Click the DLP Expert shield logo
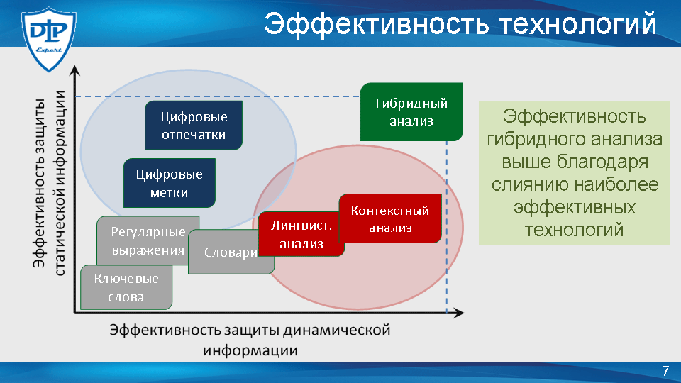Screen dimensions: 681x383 click(49, 38)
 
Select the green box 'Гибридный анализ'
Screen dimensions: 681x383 click(411, 112)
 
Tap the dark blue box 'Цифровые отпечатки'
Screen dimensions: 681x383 click(194, 125)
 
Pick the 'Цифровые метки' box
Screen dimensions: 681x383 click(170, 183)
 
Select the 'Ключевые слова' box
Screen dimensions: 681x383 click(126, 287)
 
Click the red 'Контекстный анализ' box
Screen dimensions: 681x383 click(390, 218)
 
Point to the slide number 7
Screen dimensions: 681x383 click(665, 371)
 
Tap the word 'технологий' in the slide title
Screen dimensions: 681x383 click(578, 24)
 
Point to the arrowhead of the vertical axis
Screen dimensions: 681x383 click(75, 71)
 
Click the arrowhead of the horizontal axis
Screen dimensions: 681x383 click(459, 313)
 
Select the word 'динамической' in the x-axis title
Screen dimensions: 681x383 click(336, 330)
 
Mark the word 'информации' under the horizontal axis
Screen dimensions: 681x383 click(250, 350)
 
